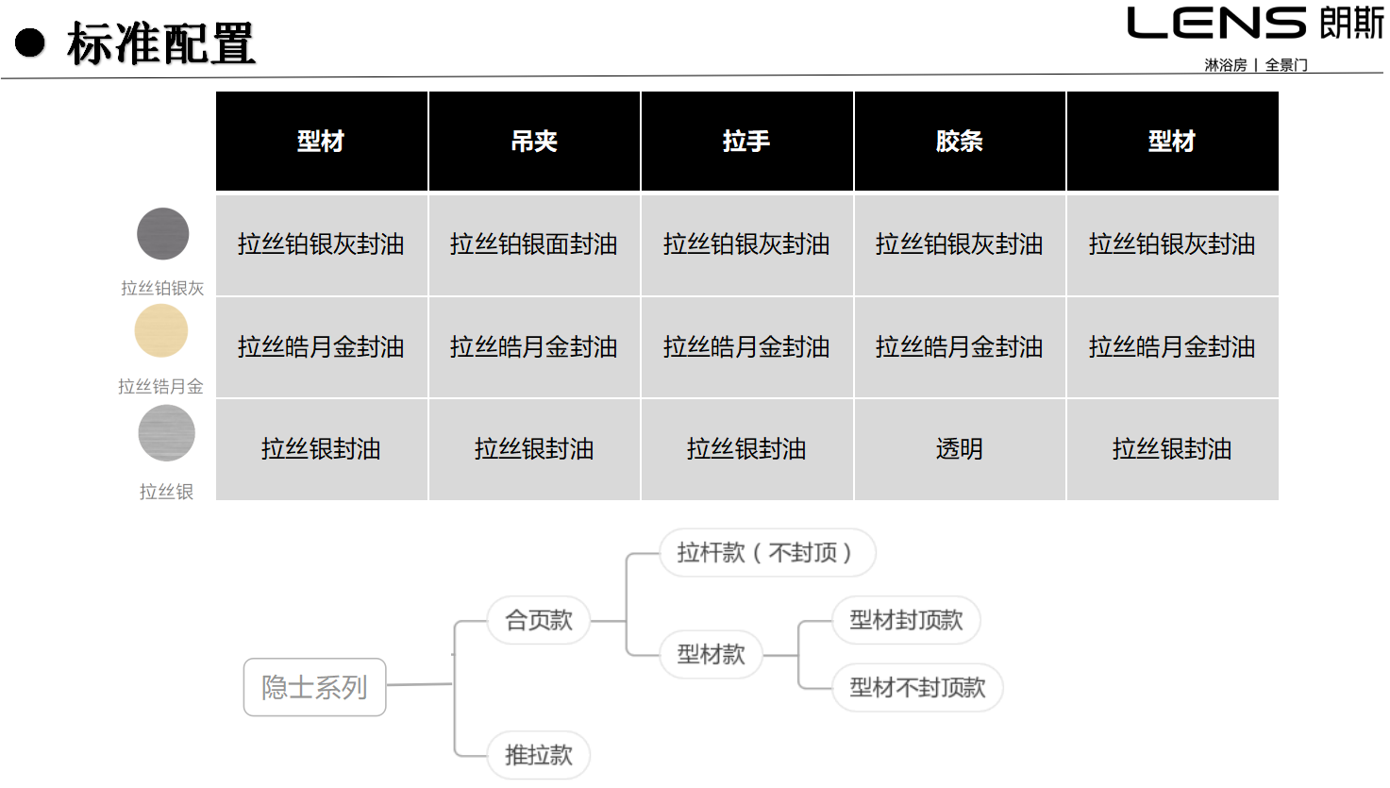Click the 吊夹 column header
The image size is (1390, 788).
click(534, 141)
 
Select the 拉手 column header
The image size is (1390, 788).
click(746, 141)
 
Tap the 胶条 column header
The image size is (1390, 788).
click(960, 141)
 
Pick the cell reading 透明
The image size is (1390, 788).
click(960, 449)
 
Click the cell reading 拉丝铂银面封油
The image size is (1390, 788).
click(534, 244)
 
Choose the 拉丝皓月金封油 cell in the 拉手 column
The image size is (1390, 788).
click(746, 347)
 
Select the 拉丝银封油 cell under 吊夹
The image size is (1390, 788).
click(534, 449)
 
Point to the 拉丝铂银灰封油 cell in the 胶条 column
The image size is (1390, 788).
click(960, 244)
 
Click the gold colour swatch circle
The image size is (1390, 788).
click(161, 330)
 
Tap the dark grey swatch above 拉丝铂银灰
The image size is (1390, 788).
click(162, 233)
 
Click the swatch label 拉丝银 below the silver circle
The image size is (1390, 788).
click(166, 492)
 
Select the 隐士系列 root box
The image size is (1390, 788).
click(314, 687)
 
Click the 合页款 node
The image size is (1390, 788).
click(539, 620)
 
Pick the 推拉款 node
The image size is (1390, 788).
click(539, 756)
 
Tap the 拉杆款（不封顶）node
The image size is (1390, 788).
click(767, 552)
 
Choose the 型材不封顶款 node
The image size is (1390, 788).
click(917, 687)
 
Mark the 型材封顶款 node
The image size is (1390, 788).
click(906, 620)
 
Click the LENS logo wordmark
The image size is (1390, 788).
click(1217, 23)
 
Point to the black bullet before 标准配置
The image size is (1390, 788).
click(30, 42)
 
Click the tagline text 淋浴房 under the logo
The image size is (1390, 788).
click(1226, 65)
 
